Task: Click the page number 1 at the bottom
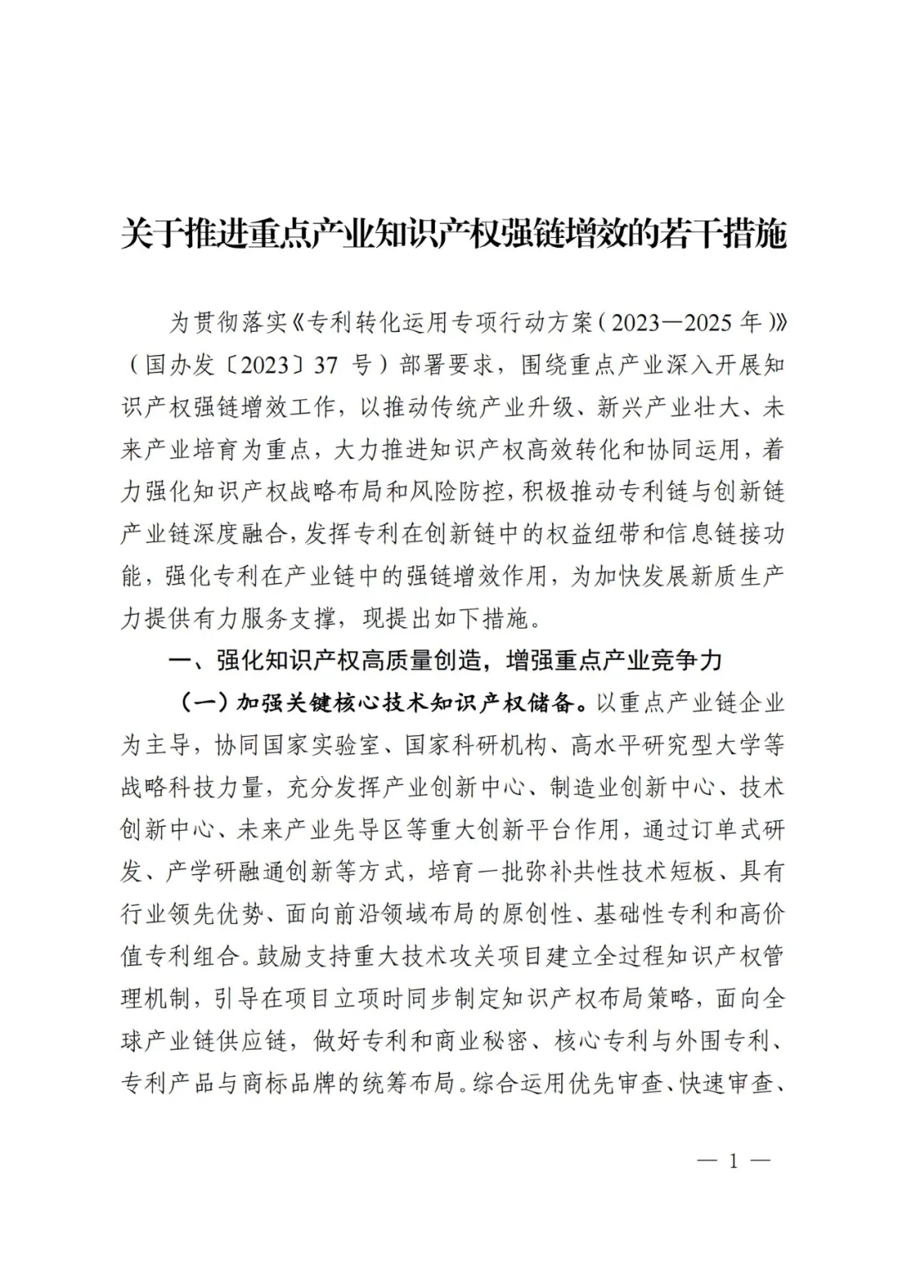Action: (733, 1161)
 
